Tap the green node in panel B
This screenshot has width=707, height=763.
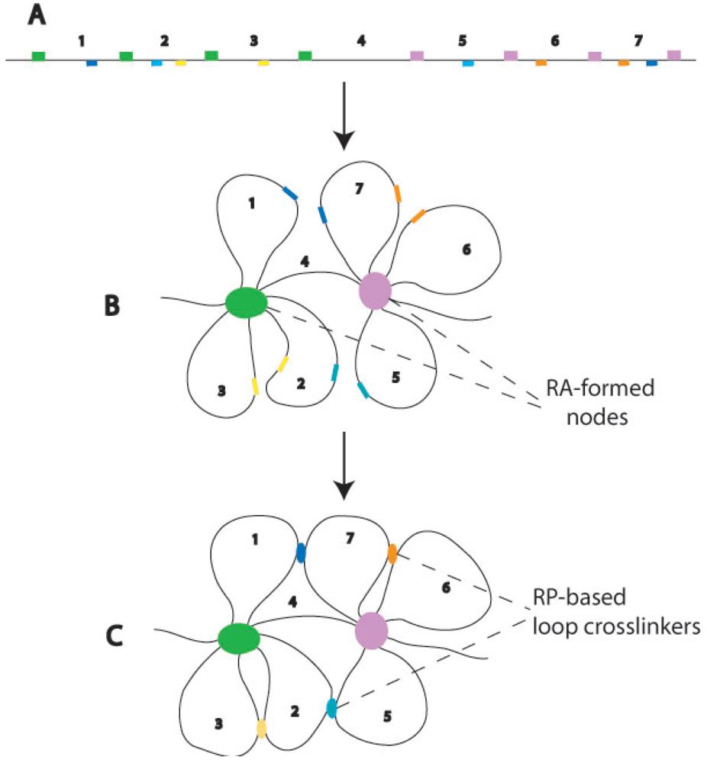tap(247, 302)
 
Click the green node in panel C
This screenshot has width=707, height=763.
tap(238, 637)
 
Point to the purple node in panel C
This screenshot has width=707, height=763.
tap(372, 632)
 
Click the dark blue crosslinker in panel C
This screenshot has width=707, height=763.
tap(301, 552)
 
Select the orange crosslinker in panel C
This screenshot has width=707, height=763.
tap(392, 552)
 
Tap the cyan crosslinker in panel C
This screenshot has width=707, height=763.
tap(331, 707)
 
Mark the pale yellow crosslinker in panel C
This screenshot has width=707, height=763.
tap(261, 728)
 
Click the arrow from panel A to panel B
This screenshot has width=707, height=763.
tap(345, 114)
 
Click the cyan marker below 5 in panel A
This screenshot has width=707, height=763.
tap(468, 63)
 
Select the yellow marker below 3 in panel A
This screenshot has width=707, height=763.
tap(263, 63)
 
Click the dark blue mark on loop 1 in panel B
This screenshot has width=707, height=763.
tap(289, 194)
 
